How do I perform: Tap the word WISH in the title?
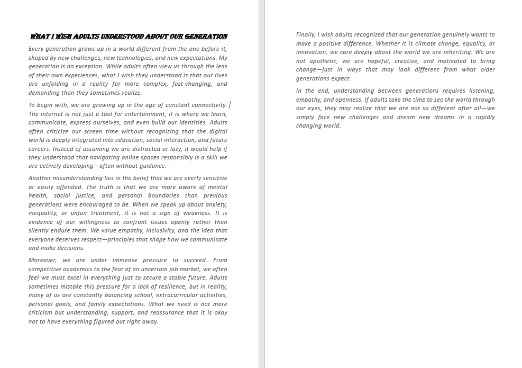point(62,37)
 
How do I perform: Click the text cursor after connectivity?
point(230,105)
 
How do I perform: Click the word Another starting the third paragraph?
point(41,178)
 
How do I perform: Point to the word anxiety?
point(215,204)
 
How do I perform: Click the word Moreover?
point(42,260)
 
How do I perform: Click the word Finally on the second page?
point(305,35)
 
